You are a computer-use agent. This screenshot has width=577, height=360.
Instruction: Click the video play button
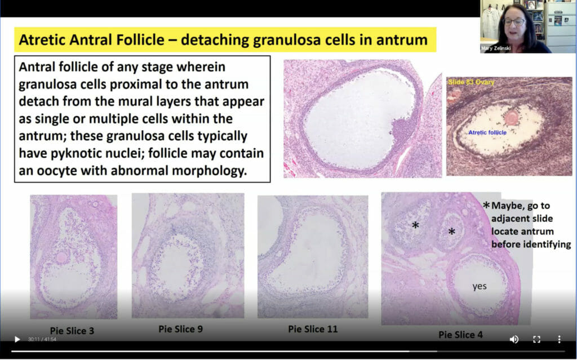pyautogui.click(x=17, y=339)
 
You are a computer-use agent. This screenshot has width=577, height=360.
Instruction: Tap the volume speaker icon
pyautogui.click(x=514, y=339)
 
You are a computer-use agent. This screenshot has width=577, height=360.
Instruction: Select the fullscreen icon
pyautogui.click(x=536, y=339)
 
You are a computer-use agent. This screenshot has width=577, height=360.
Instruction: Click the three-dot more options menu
pyautogui.click(x=559, y=339)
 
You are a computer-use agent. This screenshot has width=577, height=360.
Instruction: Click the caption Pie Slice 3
pyautogui.click(x=72, y=331)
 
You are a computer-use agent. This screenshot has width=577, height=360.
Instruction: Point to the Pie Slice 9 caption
pyautogui.click(x=181, y=328)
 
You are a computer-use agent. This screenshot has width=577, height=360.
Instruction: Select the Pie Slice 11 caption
pyautogui.click(x=313, y=328)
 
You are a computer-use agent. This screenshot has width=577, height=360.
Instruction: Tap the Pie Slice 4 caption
pyautogui.click(x=460, y=335)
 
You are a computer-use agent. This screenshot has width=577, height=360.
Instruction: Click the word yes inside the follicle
pyautogui.click(x=480, y=286)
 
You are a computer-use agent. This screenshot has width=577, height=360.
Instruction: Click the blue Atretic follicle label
pyautogui.click(x=487, y=132)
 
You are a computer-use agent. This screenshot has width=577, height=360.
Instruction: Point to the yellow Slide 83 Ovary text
pyautogui.click(x=471, y=82)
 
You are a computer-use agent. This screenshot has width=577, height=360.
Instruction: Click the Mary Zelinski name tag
pyautogui.click(x=495, y=48)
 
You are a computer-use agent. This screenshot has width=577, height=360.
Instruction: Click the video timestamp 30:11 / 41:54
pyautogui.click(x=42, y=339)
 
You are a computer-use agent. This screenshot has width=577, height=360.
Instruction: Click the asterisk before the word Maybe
pyautogui.click(x=486, y=205)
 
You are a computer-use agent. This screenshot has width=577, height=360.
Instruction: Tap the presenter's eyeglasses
pyautogui.click(x=514, y=22)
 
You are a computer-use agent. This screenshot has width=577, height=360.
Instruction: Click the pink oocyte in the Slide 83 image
pyautogui.click(x=511, y=118)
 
